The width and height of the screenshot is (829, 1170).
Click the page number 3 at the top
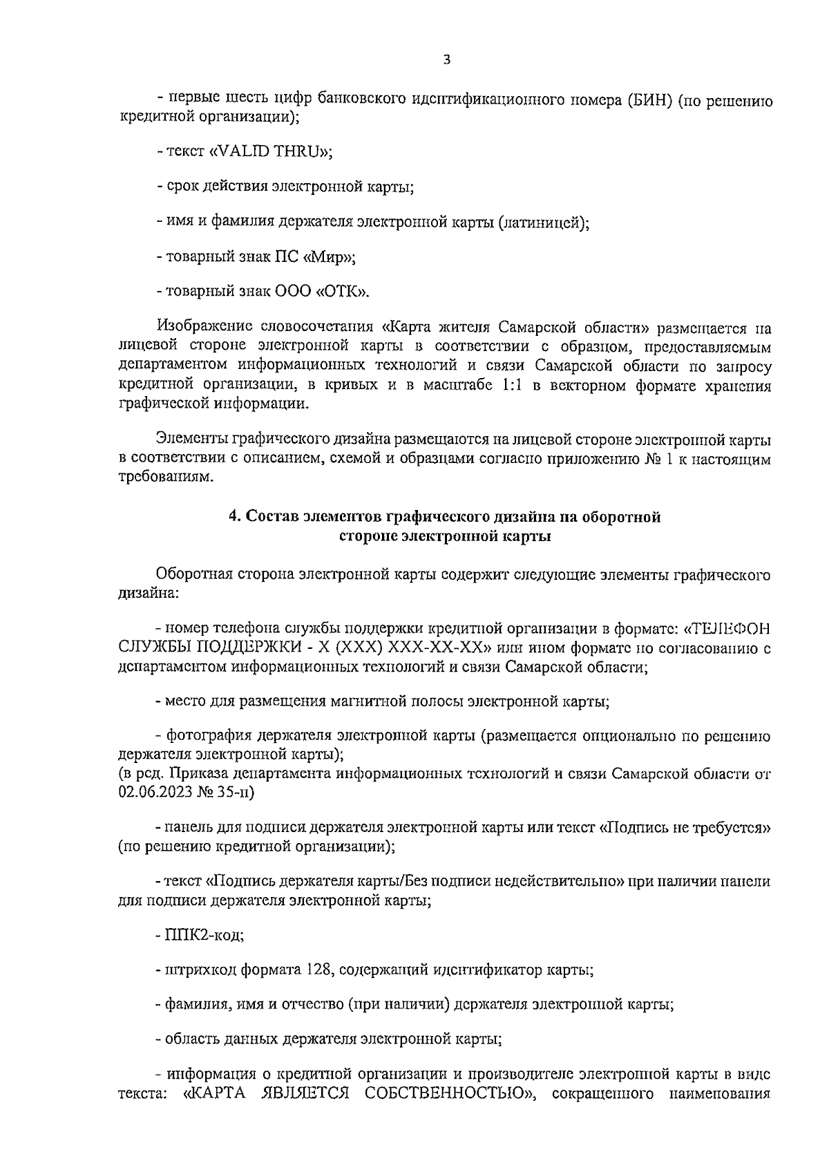[x=446, y=60]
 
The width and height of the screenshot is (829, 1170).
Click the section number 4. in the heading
[x=235, y=517]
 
